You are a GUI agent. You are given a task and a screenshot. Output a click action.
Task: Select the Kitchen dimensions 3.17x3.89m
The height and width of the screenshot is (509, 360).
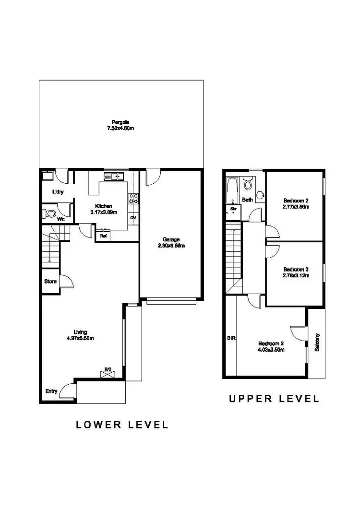click(x=104, y=212)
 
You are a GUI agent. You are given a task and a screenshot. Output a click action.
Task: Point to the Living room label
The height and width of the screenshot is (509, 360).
click(x=80, y=331)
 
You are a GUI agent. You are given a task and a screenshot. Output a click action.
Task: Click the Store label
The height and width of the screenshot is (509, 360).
click(x=50, y=282)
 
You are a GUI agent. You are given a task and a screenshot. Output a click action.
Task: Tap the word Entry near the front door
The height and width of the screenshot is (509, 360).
click(x=51, y=391)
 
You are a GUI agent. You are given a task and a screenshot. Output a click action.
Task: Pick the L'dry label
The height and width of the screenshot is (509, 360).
click(x=58, y=192)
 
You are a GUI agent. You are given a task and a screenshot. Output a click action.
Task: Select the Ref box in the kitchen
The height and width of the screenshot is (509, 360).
click(x=103, y=236)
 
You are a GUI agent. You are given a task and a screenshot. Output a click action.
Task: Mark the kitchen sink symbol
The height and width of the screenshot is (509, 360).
click(x=117, y=177)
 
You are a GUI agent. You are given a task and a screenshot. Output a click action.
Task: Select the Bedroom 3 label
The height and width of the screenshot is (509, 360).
click(x=295, y=269)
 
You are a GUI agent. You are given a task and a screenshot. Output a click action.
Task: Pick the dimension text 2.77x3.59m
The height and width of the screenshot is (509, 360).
click(x=295, y=207)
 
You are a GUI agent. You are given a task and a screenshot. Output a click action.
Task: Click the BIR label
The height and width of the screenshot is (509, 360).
click(x=231, y=338)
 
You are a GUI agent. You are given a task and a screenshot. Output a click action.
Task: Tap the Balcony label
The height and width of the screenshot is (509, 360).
click(x=317, y=343)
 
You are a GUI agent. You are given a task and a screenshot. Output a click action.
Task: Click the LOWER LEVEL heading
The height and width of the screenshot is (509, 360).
click(x=122, y=425)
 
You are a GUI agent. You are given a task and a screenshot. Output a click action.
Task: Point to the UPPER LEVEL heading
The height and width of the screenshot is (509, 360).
click(x=273, y=398)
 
